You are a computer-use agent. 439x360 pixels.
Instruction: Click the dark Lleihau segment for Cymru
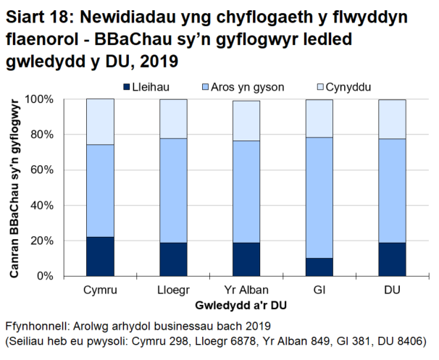click(x=100, y=256)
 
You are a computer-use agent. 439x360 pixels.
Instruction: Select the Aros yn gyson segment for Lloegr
click(x=173, y=191)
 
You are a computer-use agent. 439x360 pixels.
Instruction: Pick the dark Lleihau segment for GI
click(x=319, y=267)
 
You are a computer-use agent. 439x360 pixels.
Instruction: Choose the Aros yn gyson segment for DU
click(x=392, y=191)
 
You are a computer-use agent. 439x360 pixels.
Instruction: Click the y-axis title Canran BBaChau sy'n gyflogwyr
click(x=15, y=187)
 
